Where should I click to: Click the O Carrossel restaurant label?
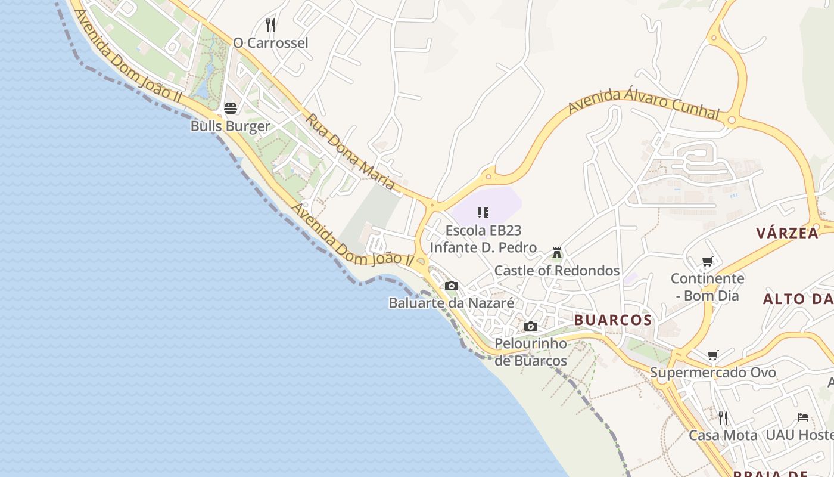point(270,43)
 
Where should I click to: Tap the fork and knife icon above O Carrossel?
point(270,24)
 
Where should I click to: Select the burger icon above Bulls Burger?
point(231,109)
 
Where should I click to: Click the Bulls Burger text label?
point(231,126)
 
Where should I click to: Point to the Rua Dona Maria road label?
point(350,153)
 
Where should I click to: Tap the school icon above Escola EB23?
point(483,212)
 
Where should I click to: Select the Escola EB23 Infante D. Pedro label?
point(483,238)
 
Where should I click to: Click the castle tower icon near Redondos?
point(557,253)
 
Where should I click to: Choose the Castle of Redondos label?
point(557,271)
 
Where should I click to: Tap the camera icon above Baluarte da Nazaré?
point(452,286)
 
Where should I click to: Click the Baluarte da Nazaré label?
point(452,303)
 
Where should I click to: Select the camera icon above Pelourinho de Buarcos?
point(531,326)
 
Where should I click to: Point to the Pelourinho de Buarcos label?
point(531,352)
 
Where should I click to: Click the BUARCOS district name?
point(613,320)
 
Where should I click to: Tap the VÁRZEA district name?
point(787,233)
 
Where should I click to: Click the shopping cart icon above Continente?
point(708,261)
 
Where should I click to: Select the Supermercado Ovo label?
point(713,373)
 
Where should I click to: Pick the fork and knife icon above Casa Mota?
point(723,417)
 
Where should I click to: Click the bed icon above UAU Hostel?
point(803,417)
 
